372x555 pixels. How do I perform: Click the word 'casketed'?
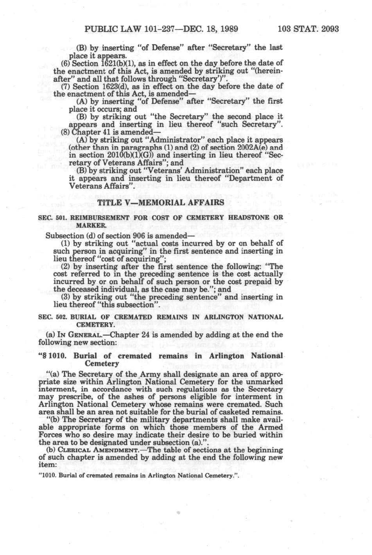[236, 412]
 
